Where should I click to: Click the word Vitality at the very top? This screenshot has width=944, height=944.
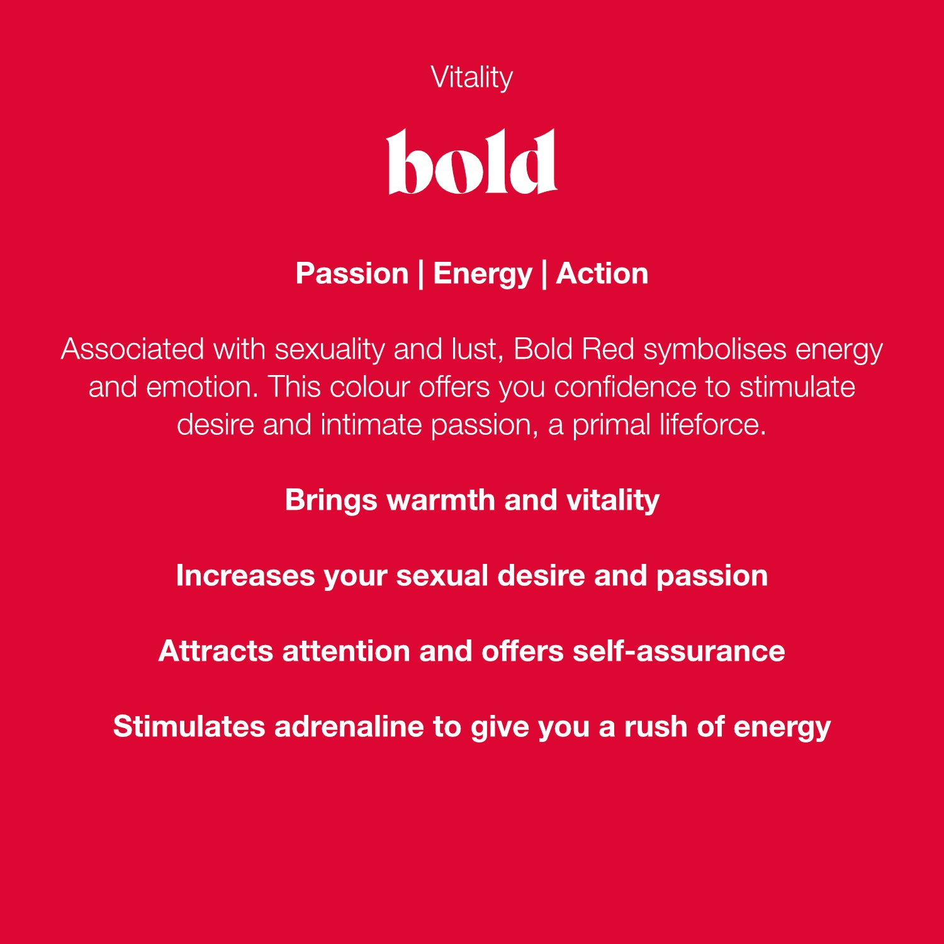(x=471, y=78)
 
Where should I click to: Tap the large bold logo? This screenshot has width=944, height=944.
(x=471, y=162)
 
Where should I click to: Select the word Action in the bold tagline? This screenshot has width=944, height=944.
(x=602, y=274)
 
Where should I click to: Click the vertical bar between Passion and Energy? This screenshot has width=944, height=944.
(x=420, y=274)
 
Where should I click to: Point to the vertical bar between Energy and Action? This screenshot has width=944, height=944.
(x=543, y=274)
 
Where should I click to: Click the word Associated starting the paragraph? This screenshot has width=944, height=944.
(x=132, y=349)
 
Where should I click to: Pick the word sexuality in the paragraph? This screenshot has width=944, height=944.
(x=329, y=350)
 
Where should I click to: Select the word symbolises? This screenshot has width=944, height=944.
(x=714, y=350)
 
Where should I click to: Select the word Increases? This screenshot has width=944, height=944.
(x=245, y=576)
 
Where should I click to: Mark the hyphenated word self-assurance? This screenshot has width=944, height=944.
(x=678, y=651)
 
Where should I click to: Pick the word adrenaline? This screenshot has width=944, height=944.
(x=349, y=727)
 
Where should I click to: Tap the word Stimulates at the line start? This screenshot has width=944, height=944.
(x=189, y=727)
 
